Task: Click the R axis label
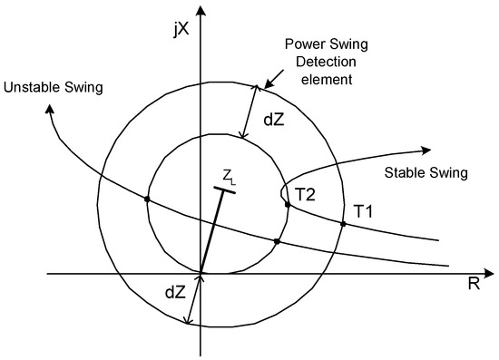point(473,284)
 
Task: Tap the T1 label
point(364,211)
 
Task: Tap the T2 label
point(306,193)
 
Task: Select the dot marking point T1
point(343,224)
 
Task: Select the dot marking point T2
point(288,204)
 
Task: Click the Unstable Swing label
point(52,87)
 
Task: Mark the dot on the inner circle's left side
point(147,199)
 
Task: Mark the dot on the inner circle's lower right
point(277,241)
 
